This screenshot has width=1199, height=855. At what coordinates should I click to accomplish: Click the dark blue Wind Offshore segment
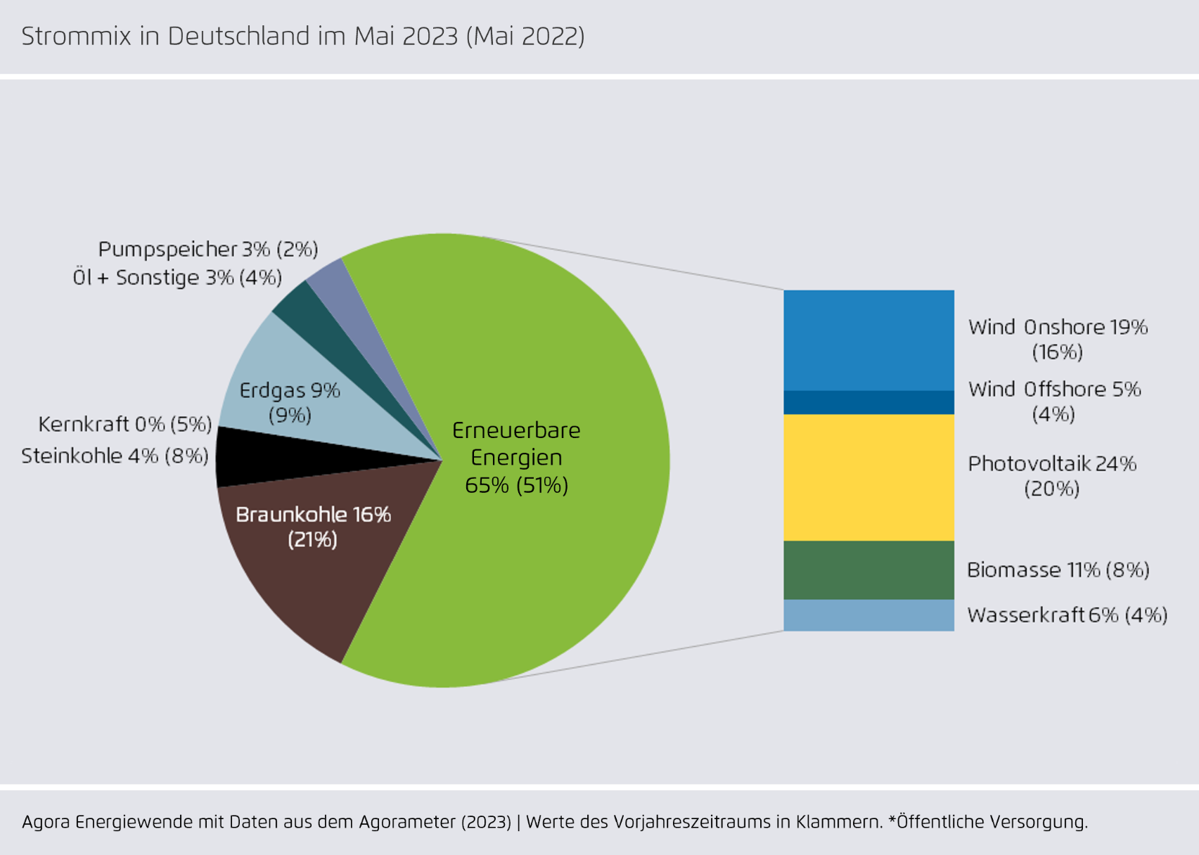click(868, 402)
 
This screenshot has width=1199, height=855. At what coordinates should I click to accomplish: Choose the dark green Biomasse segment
click(868, 570)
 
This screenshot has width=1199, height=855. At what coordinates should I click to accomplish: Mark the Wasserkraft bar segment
click(868, 615)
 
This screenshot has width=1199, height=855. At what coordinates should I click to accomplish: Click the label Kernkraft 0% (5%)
click(124, 424)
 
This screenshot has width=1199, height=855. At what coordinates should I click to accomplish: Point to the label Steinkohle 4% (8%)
click(115, 456)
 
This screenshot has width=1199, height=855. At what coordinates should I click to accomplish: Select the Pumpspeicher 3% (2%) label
click(207, 249)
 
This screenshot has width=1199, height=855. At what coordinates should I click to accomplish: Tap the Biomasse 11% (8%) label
click(1058, 570)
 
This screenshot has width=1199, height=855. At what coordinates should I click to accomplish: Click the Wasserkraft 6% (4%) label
click(1067, 615)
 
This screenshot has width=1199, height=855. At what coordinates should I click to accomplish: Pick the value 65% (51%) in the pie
click(516, 485)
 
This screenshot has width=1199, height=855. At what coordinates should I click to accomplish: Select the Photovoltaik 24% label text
click(1052, 464)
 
